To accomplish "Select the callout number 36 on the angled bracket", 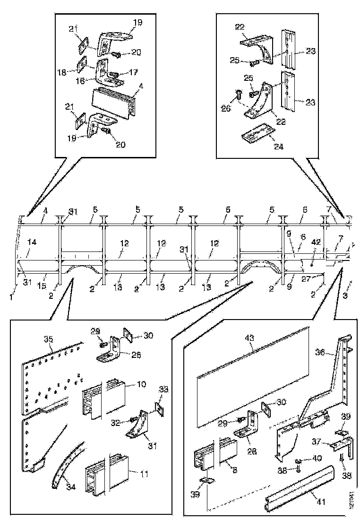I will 319,353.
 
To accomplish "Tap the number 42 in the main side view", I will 317,242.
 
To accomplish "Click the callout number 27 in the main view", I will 306,279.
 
